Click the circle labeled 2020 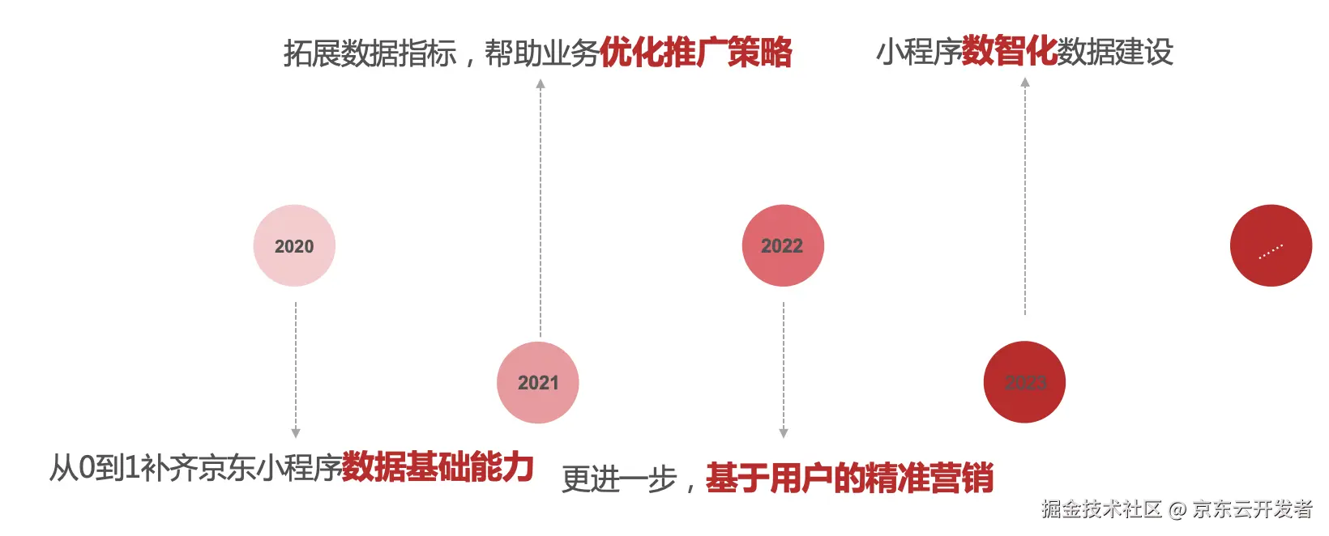coord(294,245)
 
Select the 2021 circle coord(538,382)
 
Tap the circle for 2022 coord(783,245)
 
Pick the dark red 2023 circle coord(1024,382)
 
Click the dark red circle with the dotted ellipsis coord(1271,245)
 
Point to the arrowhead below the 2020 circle coord(296,433)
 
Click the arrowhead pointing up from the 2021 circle coord(541,83)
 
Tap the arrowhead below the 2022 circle coord(784,433)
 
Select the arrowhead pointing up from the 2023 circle coord(1025,82)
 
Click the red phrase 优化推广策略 coord(696,53)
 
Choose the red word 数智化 coord(1009,52)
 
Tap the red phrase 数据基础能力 coord(438,467)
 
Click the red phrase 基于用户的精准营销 coord(849,479)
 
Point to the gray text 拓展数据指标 coord(370,53)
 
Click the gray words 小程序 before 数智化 coord(919,53)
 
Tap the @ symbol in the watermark coord(1177,509)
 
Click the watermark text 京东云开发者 coord(1252,509)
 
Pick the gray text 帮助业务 coord(541,53)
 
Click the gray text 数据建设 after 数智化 coord(1115,53)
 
